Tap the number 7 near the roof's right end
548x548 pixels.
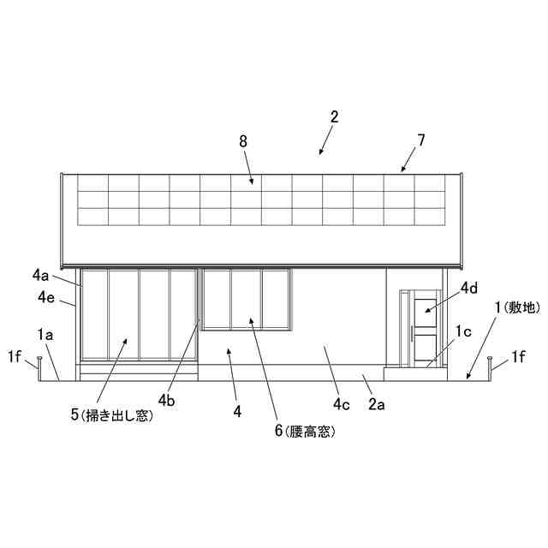pyautogui.click(x=420, y=139)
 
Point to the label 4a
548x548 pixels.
pyautogui.click(x=41, y=275)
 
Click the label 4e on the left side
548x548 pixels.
pyautogui.click(x=47, y=297)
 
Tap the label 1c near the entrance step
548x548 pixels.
pyautogui.click(x=463, y=331)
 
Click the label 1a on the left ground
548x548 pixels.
pyautogui.click(x=45, y=335)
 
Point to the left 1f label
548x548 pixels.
pyautogui.click(x=15, y=355)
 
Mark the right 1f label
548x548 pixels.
pyautogui.click(x=520, y=355)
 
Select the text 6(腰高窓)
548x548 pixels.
pyautogui.click(x=304, y=432)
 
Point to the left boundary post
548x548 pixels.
pyautogui.click(x=39, y=366)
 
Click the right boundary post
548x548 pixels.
pyautogui.click(x=489, y=366)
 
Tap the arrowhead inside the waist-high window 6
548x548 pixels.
pyautogui.click(x=250, y=319)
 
